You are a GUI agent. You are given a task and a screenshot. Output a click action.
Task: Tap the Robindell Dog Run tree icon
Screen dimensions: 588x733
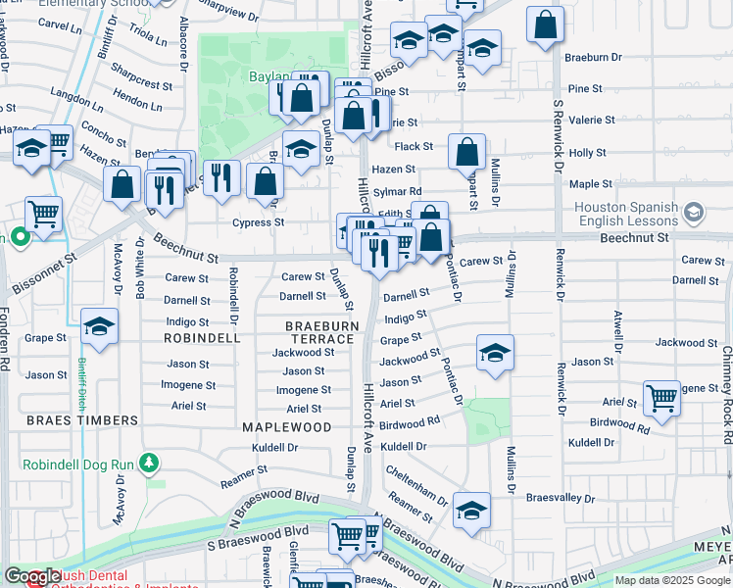(148, 462)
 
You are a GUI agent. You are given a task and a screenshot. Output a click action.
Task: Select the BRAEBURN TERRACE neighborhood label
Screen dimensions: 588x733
(318, 331)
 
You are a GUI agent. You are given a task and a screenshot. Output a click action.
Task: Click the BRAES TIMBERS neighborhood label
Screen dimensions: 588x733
(82, 420)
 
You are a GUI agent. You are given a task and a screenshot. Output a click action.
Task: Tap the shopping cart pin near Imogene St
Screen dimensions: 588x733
(662, 399)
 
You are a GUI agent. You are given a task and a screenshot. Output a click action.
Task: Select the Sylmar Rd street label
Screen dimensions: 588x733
(402, 191)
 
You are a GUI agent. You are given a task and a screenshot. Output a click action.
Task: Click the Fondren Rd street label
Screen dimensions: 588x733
(5, 339)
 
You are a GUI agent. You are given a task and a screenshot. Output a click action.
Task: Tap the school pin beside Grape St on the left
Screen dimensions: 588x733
(99, 327)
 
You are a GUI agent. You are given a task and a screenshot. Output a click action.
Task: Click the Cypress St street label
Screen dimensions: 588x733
(259, 222)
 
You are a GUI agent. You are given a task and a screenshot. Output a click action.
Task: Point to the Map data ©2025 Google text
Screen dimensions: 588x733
(672, 580)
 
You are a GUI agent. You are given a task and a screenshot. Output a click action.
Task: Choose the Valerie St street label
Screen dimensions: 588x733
(592, 121)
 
